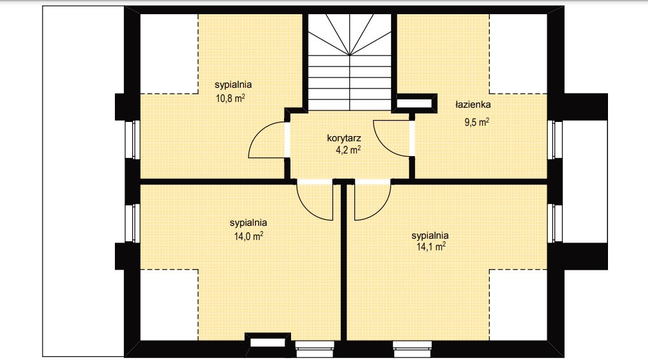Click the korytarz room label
pyautogui.click(x=343, y=138)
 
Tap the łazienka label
pyautogui.click(x=474, y=104)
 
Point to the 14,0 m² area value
pyautogui.click(x=248, y=236)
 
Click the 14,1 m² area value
pyautogui.click(x=430, y=246)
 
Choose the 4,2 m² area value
pyautogui.click(x=347, y=149)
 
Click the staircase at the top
pyautogui.click(x=350, y=61)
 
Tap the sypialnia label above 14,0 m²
pyautogui.click(x=248, y=223)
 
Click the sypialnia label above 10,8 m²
pyautogui.click(x=233, y=85)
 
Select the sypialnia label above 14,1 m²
pyautogui.click(x=430, y=235)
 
